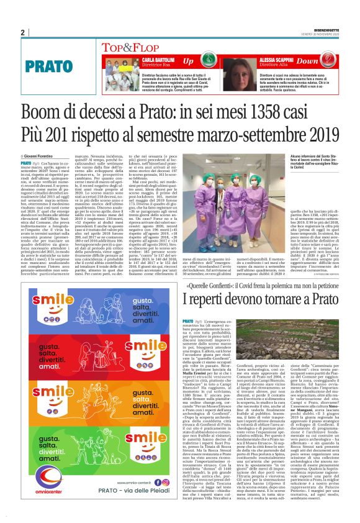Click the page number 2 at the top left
(23, 33)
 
